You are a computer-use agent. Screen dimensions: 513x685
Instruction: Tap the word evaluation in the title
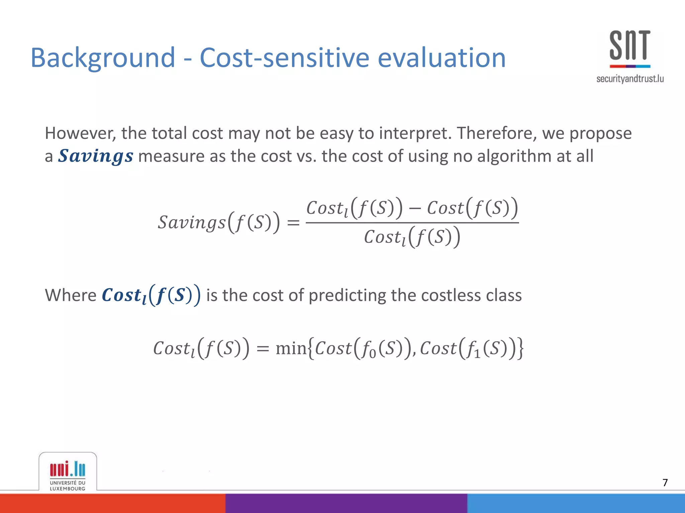coord(442,58)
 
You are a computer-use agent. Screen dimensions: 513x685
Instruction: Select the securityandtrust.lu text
coord(630,79)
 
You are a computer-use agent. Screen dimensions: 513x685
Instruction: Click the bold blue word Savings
coord(96,156)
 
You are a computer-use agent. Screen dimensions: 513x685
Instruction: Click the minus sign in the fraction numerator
coord(414,208)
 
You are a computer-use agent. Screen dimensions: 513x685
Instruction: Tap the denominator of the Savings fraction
coord(412,237)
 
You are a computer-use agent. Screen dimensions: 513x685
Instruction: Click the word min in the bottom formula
coord(291,348)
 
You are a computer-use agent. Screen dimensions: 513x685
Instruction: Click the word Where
coord(71,295)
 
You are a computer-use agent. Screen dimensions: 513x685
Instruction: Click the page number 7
coord(665,482)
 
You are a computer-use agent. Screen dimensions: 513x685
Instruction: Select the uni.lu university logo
coord(68,474)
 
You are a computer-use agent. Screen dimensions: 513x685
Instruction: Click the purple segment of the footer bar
coord(346,503)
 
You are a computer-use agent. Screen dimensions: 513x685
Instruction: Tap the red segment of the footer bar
coord(112,503)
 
